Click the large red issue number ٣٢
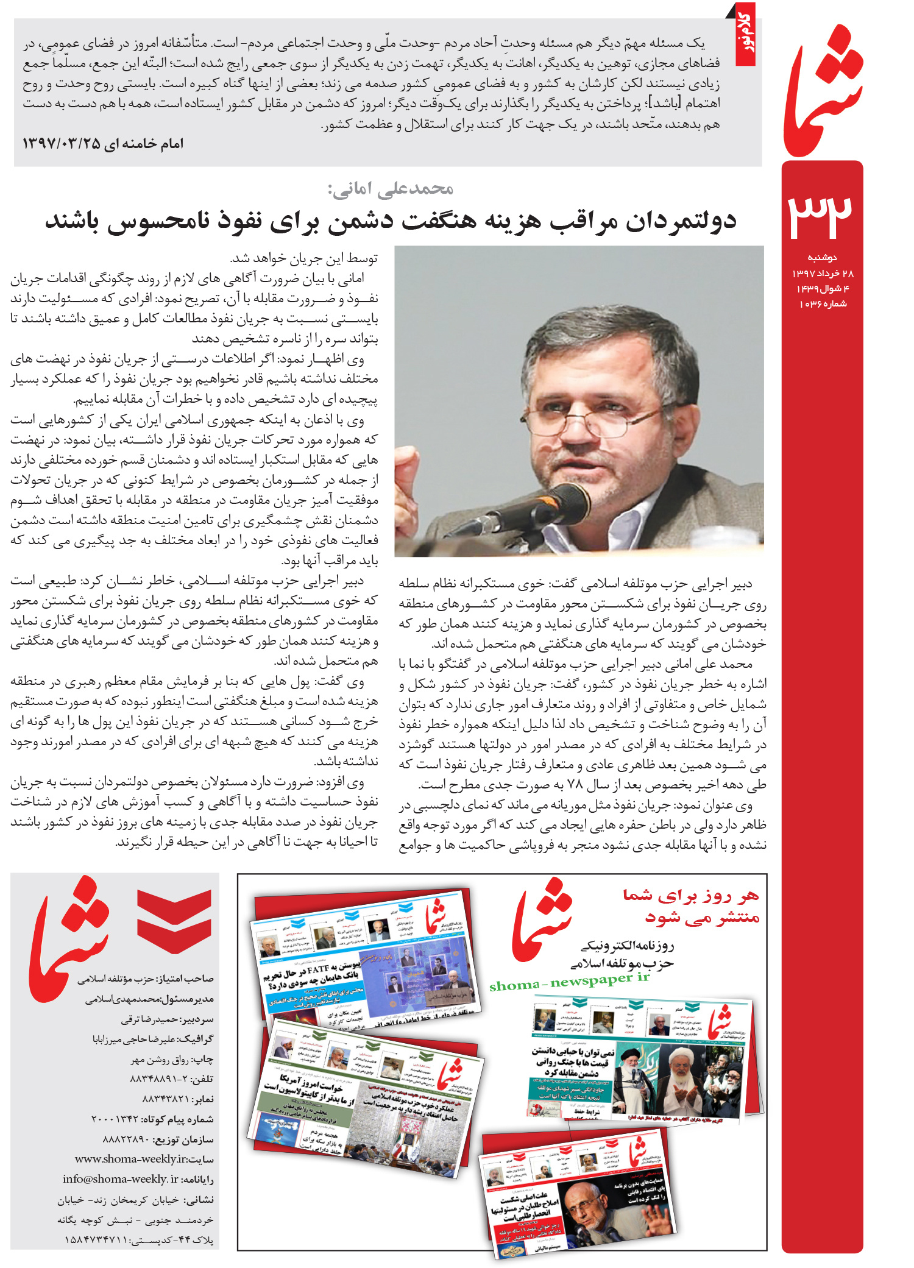[x=821, y=214]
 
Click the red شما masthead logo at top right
[x=824, y=91]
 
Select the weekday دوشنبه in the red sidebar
[x=822, y=258]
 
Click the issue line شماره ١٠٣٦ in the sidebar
[x=823, y=304]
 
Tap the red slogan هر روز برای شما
[x=691, y=895]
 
